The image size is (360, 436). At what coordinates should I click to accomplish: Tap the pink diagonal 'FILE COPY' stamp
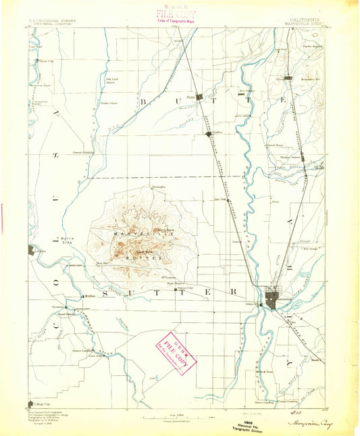pos(174,352)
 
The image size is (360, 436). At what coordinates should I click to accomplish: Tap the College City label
pos(41,402)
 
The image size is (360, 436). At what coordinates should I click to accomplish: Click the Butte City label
pos(45,60)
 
